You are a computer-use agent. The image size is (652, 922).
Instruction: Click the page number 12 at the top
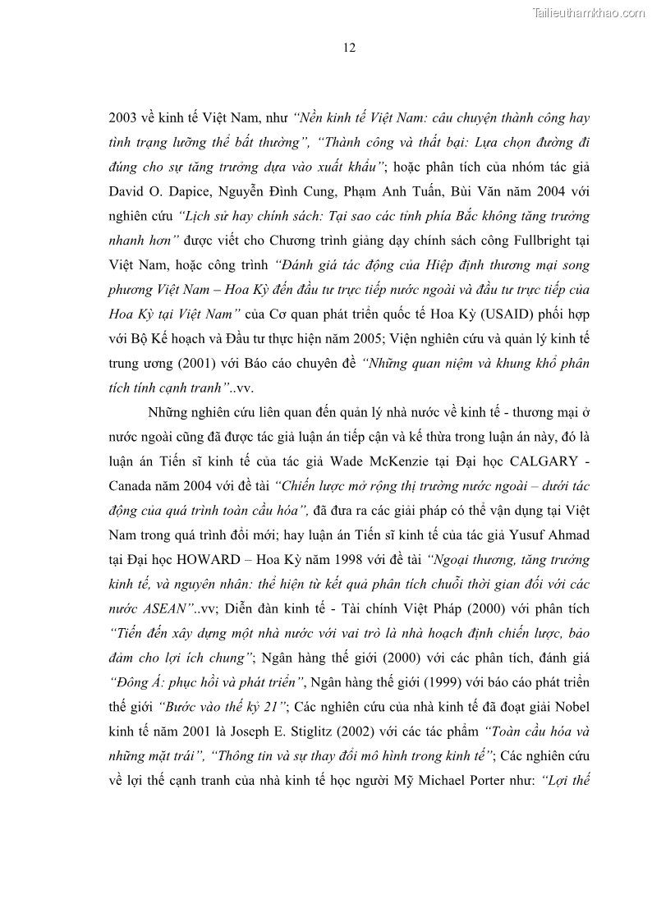tap(349, 48)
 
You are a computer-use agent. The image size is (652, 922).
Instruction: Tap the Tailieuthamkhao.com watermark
tap(589, 12)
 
